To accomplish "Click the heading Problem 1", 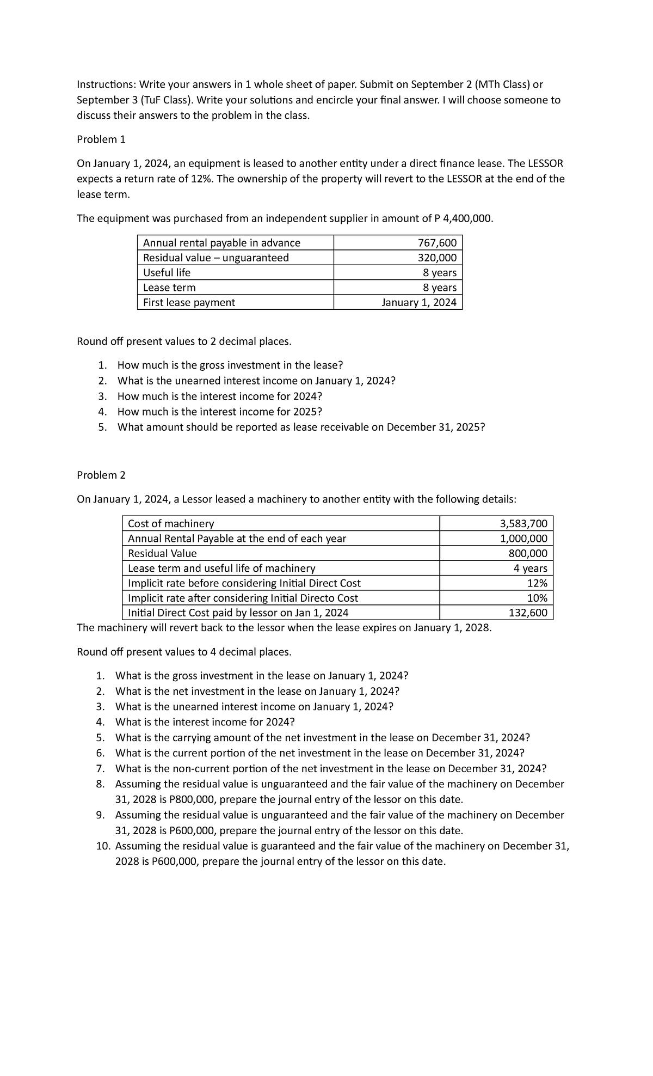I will tap(101, 139).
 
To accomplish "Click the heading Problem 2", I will tap(101, 475).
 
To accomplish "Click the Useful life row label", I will tap(167, 272).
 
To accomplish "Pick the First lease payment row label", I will tap(189, 302).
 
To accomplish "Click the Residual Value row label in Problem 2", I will tap(162, 553).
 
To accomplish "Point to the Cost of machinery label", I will tap(171, 523).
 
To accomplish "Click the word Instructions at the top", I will tap(106, 84).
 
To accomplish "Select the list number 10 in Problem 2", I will tap(103, 846).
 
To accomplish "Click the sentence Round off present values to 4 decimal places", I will tap(184, 652).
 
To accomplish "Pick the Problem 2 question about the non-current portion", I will tap(330, 768).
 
